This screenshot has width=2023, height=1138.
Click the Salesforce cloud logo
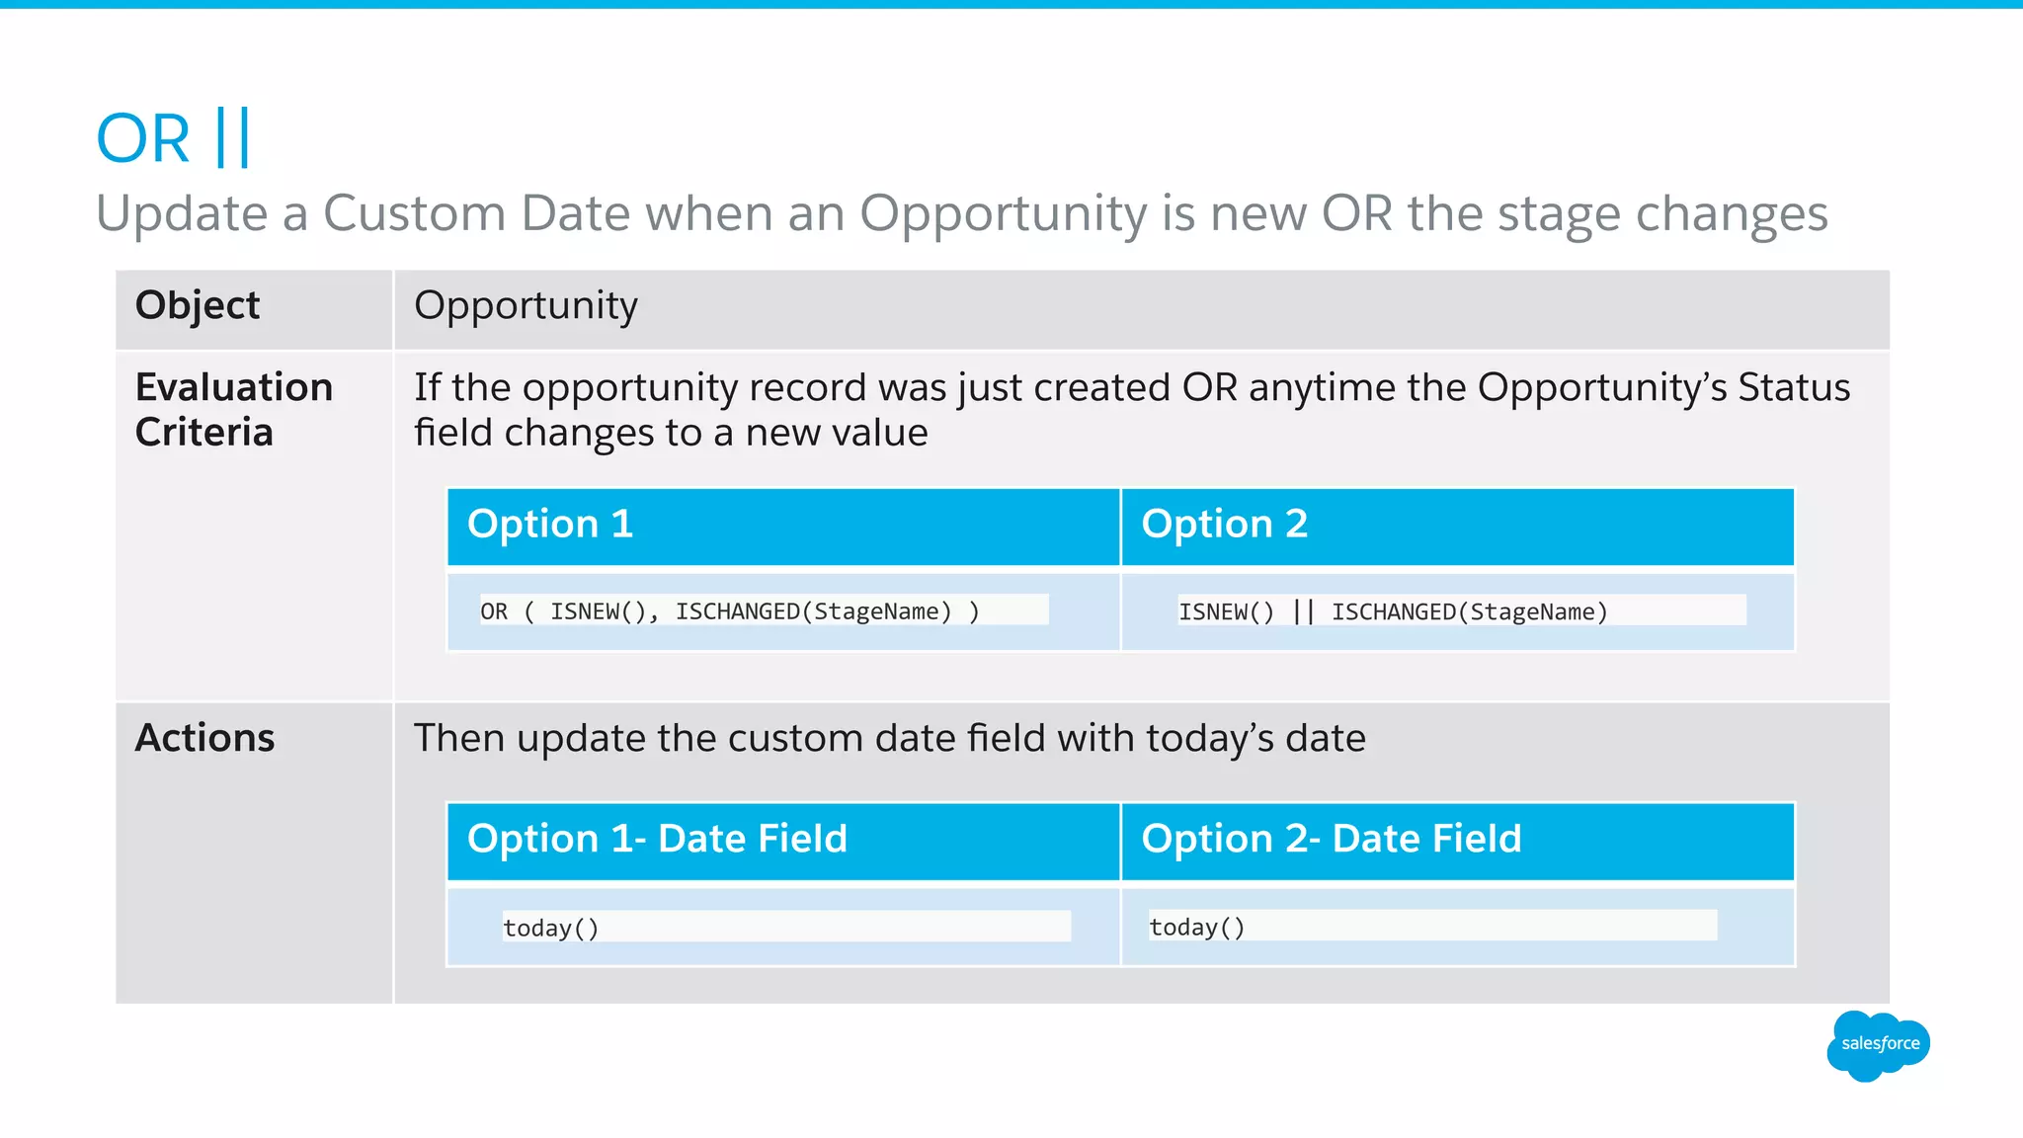[x=1878, y=1045]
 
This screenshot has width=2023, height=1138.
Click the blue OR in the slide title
[x=143, y=139]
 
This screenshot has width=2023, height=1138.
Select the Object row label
[x=198, y=305]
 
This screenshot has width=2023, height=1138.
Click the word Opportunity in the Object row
[x=526, y=306]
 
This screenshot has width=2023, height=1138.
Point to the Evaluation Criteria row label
[x=234, y=409]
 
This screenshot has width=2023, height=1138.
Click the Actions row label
[x=204, y=738]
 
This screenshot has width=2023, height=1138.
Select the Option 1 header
[x=550, y=524]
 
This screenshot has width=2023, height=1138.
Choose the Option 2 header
[x=1224, y=524]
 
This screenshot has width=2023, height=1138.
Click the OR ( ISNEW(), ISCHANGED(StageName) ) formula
[x=730, y=611]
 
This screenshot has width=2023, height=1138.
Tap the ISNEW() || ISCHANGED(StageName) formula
[x=1393, y=611]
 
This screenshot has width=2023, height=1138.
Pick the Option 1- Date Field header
[x=657, y=839]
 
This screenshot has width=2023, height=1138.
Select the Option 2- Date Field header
[x=1331, y=839]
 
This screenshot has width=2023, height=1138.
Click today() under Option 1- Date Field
[x=550, y=928]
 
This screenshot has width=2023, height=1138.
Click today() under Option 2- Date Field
[x=1196, y=927]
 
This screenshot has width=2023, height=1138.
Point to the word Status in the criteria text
[x=1794, y=387]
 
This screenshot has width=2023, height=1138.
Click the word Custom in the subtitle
[x=414, y=213]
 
